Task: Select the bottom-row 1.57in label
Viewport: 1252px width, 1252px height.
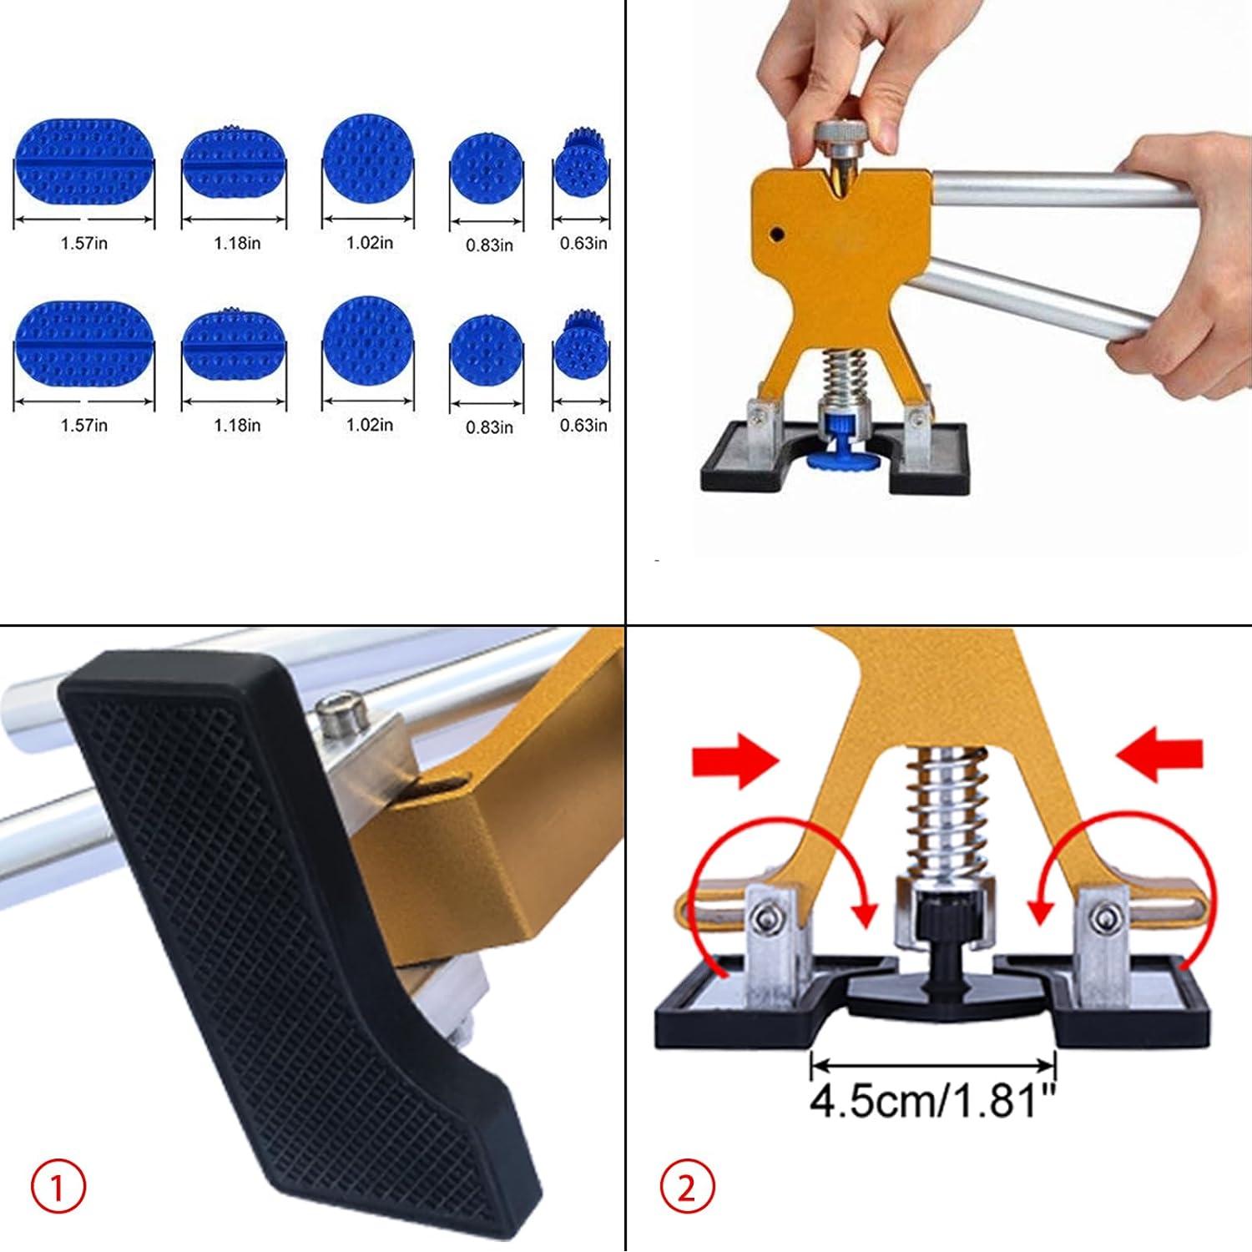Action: pos(83,426)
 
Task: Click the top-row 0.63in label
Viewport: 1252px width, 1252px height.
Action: pos(583,244)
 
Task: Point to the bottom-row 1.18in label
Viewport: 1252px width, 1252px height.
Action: pos(237,426)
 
